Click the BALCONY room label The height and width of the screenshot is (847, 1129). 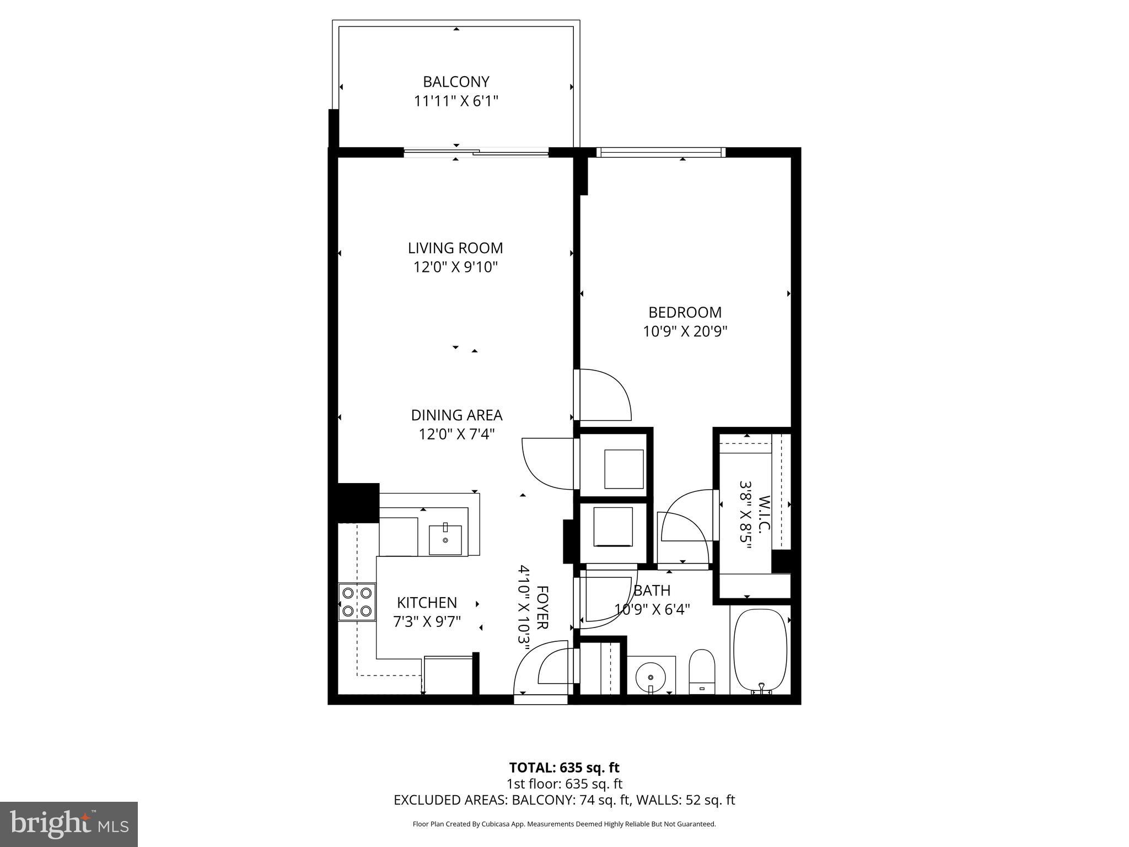(x=456, y=82)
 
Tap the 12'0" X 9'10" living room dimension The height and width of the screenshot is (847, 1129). (x=456, y=267)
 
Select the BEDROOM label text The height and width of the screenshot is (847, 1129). (x=685, y=312)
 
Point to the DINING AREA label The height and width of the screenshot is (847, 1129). (x=456, y=415)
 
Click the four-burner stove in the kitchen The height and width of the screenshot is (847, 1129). (x=357, y=602)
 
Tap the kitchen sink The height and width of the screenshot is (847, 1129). (x=445, y=540)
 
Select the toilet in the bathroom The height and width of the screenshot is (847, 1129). (x=702, y=671)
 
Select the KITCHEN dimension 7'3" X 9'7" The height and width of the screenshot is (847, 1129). (x=427, y=622)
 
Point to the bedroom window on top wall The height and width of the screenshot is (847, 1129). (x=660, y=152)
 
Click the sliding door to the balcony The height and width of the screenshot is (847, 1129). (x=476, y=152)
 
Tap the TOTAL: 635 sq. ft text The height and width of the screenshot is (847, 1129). (x=564, y=768)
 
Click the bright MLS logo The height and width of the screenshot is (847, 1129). (x=69, y=824)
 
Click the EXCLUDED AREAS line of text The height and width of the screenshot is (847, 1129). (x=564, y=800)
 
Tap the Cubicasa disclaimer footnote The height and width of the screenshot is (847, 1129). (x=564, y=824)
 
